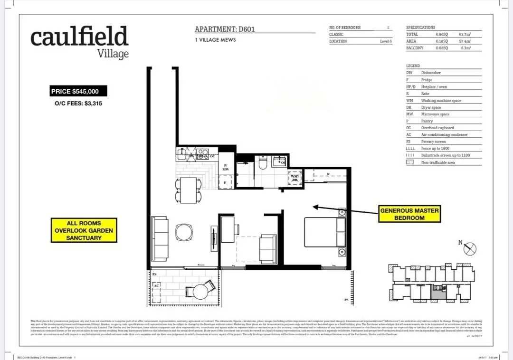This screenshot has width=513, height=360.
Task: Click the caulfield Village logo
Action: point(79,41)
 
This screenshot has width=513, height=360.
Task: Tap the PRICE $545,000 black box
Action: point(78,91)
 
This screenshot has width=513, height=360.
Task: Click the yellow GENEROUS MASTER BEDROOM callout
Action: point(409,214)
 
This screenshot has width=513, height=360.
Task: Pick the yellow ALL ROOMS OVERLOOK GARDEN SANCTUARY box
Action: point(84,230)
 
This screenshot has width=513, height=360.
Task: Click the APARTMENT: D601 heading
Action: point(225,29)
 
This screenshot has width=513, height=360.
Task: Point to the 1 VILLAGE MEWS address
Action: point(215,40)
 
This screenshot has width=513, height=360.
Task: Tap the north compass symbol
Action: point(469,248)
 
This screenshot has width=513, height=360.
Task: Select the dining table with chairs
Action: point(188,189)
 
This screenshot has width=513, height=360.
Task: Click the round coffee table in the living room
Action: point(184,232)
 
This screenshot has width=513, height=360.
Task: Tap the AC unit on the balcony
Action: point(156,286)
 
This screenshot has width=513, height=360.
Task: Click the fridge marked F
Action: point(226,182)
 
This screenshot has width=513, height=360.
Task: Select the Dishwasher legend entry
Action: point(430,73)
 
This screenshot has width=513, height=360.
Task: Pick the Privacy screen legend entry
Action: point(433,142)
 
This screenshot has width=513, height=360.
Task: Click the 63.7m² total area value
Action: point(465,35)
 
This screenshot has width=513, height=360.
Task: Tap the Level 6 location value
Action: point(386,41)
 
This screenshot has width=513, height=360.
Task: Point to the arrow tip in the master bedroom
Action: point(314,207)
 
